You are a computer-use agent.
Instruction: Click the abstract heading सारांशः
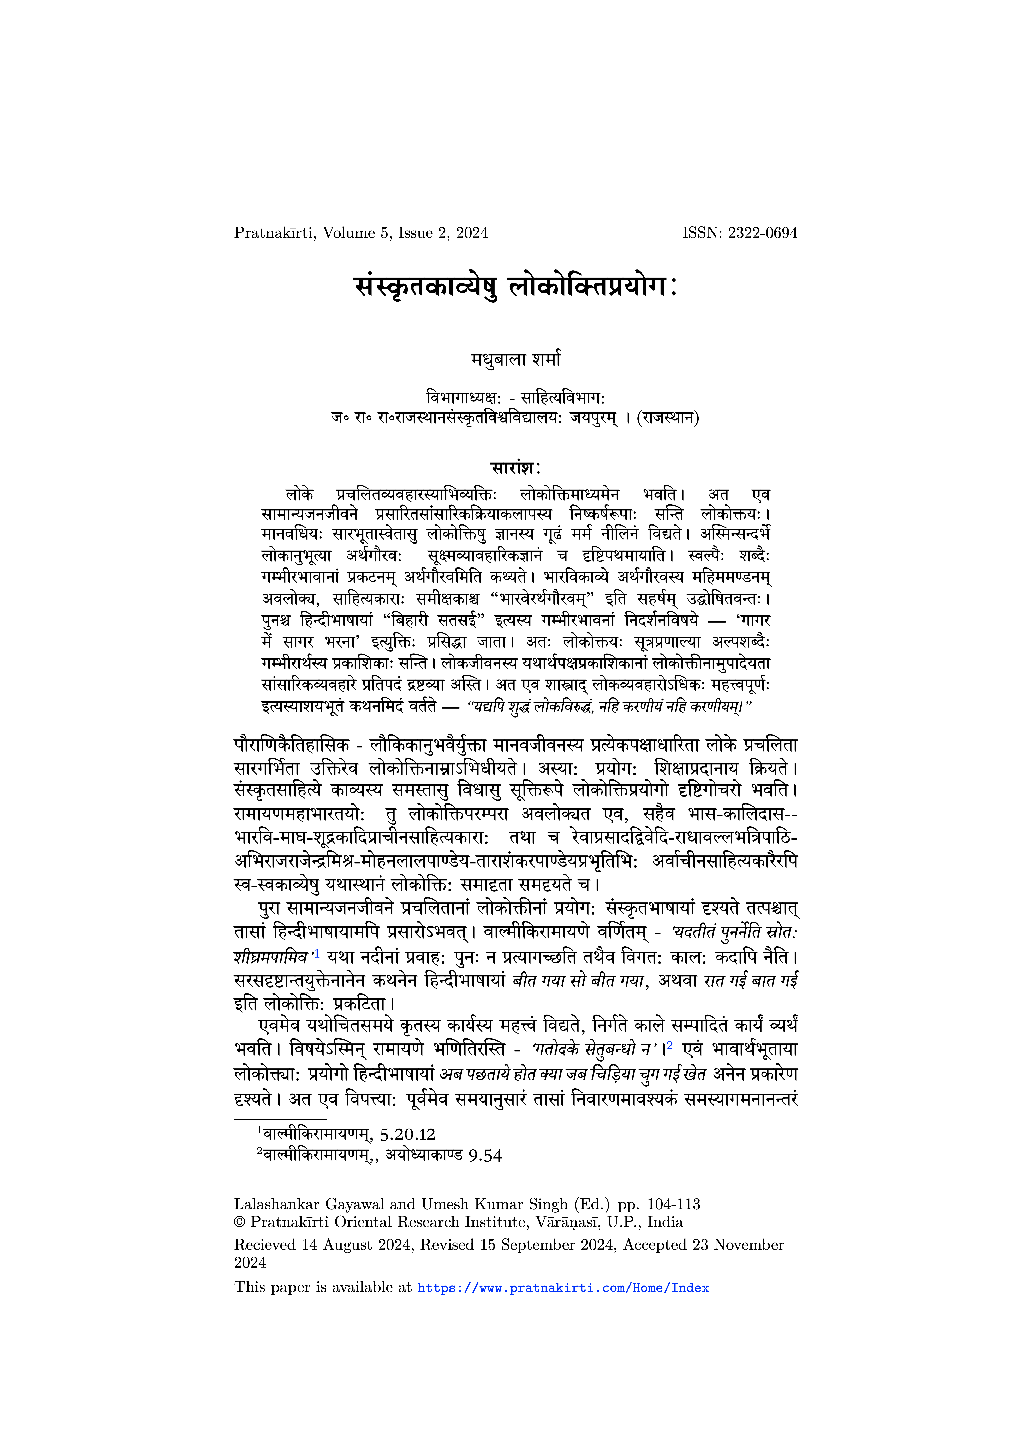[515, 468]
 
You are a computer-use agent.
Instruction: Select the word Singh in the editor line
[550, 1204]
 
